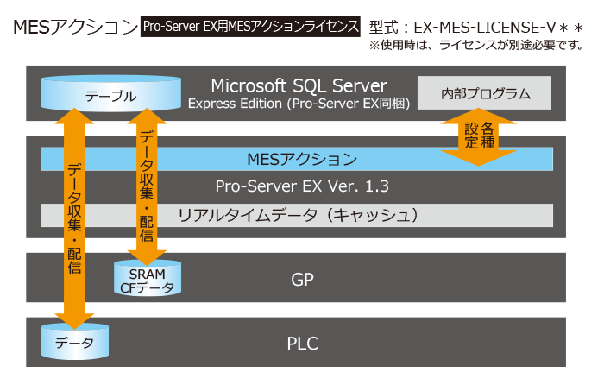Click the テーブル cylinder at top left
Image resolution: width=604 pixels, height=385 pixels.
pyautogui.click(x=111, y=96)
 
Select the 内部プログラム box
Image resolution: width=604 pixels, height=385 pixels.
pyautogui.click(x=483, y=93)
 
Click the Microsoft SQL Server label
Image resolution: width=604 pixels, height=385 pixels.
pyautogui.click(x=299, y=85)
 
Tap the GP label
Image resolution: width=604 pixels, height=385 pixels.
pyautogui.click(x=302, y=280)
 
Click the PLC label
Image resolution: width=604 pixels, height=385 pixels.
pyautogui.click(x=302, y=343)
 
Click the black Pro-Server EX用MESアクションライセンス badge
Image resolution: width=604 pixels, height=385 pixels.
pyautogui.click(x=251, y=27)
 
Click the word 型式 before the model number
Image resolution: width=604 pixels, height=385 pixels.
pyautogui.click(x=387, y=27)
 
